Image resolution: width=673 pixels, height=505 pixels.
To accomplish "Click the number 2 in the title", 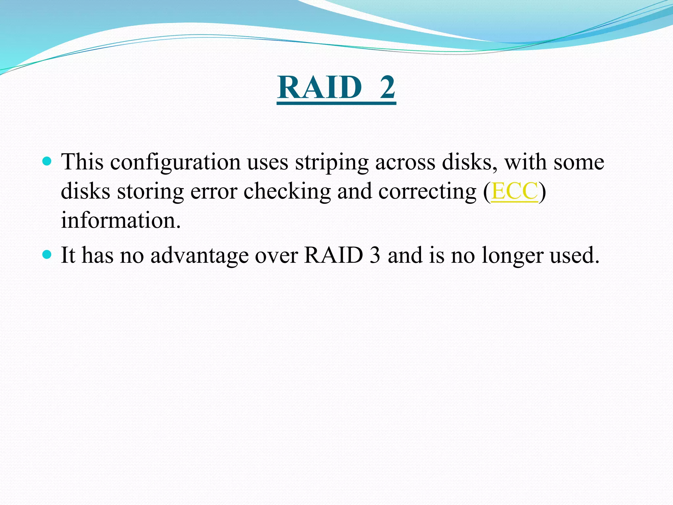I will point(387,87).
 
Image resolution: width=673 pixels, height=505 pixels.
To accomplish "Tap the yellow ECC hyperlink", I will point(514,191).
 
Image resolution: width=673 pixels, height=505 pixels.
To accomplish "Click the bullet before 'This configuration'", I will point(47,161).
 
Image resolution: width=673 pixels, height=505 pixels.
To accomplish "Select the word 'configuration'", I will point(175,163).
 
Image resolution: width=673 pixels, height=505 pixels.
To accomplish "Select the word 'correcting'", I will point(427,192).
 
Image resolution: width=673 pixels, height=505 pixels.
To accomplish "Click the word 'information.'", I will point(121,220).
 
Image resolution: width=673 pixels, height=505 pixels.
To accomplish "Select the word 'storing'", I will point(150,192).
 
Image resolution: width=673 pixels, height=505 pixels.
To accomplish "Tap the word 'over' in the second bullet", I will point(276,256).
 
